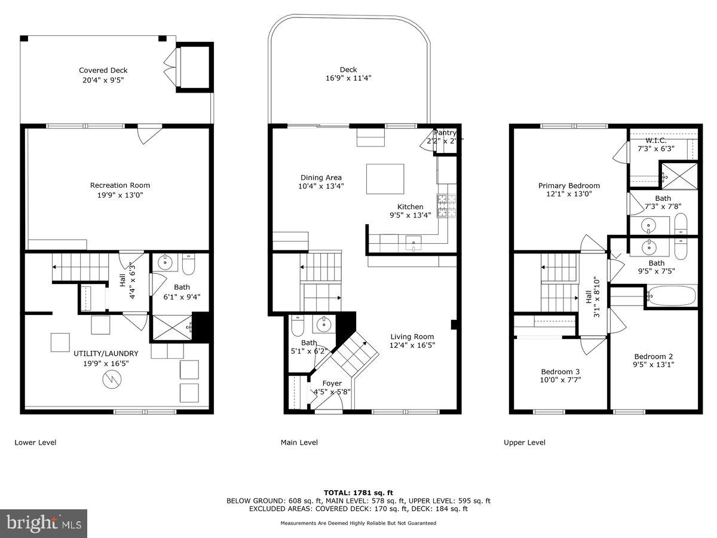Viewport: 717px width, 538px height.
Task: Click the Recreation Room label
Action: [x=120, y=185]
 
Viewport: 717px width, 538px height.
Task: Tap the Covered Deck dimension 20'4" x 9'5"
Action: [x=103, y=80]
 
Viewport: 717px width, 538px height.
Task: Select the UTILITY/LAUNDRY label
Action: [x=106, y=353]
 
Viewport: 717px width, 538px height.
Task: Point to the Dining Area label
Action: [x=321, y=178]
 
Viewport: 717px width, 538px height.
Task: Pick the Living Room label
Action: [x=412, y=337]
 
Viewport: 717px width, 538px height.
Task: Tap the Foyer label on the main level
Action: [x=332, y=383]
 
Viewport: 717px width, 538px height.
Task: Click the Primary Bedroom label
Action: [x=569, y=185]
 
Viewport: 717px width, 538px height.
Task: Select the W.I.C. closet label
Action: [x=655, y=140]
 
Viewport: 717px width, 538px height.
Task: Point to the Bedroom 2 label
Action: [x=654, y=356]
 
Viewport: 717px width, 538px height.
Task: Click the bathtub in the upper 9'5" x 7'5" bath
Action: [x=671, y=295]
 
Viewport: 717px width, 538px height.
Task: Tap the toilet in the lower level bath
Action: [x=189, y=264]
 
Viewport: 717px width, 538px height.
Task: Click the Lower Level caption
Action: [x=35, y=442]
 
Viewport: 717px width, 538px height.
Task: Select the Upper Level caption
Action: [x=525, y=442]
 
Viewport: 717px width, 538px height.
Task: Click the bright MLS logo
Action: [x=44, y=523]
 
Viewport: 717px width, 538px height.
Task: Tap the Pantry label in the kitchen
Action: [x=445, y=133]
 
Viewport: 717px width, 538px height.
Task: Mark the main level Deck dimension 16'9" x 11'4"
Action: [x=348, y=78]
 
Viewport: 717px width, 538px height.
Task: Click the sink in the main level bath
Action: [x=323, y=325]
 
